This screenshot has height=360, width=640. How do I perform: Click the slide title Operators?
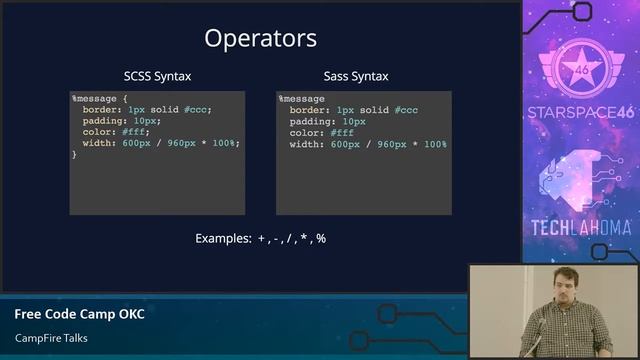pyautogui.click(x=260, y=39)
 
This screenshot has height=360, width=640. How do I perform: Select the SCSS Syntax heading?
pyautogui.click(x=157, y=76)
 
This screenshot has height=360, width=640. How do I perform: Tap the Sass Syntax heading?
pyautogui.click(x=356, y=76)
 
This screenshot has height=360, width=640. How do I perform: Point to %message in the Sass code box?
pyautogui.click(x=301, y=99)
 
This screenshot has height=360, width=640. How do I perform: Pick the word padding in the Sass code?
pyautogui.click(x=309, y=121)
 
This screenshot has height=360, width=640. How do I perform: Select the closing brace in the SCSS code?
pyautogui.click(x=74, y=154)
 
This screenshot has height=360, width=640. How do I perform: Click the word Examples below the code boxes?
pyautogui.click(x=223, y=239)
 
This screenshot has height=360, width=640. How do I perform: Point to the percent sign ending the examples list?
pyautogui.click(x=321, y=239)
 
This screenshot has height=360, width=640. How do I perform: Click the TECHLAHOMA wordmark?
pyautogui.click(x=581, y=227)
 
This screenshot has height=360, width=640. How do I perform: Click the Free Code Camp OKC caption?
pyautogui.click(x=79, y=314)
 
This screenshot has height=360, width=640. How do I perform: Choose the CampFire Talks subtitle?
pyautogui.click(x=51, y=338)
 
